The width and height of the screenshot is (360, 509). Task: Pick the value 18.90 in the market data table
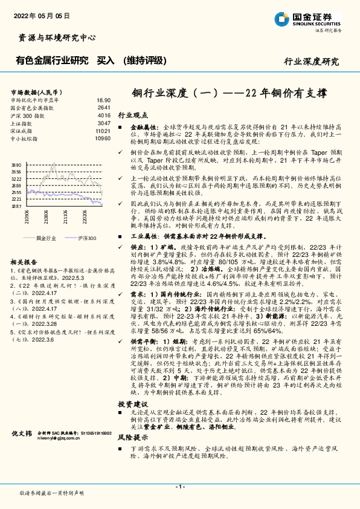click(x=103, y=100)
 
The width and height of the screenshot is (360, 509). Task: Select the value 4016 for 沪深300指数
click(x=104, y=115)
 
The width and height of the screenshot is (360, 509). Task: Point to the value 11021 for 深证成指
click(x=103, y=131)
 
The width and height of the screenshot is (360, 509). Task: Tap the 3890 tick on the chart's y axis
click(x=17, y=164)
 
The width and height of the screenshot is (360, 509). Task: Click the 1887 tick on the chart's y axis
click(x=17, y=206)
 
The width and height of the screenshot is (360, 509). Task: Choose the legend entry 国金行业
click(x=47, y=239)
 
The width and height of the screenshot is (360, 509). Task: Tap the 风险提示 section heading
click(x=132, y=436)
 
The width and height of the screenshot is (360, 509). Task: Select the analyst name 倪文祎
click(x=22, y=450)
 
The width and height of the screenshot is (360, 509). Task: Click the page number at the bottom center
click(x=179, y=486)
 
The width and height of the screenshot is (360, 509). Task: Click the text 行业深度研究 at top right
click(x=311, y=62)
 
